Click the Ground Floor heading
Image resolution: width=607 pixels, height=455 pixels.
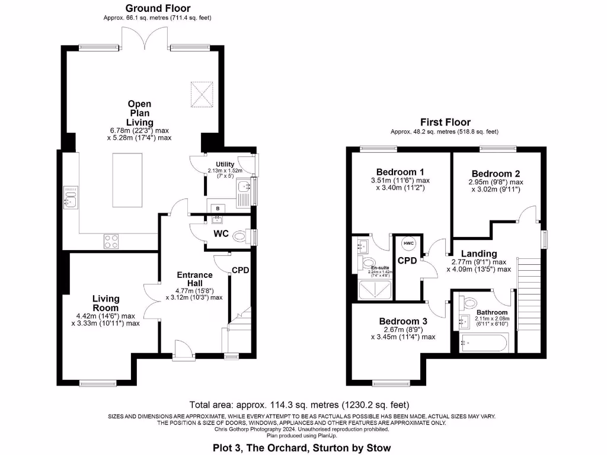click(158, 8)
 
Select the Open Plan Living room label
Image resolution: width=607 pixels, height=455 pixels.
click(139, 113)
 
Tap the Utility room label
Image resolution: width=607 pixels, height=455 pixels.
click(225, 165)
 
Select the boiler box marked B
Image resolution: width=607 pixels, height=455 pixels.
click(218, 209)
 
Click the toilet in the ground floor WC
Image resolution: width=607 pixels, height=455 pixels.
click(240, 237)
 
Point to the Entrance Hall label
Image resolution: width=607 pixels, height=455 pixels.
click(195, 279)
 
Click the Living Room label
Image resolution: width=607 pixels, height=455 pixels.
click(106, 303)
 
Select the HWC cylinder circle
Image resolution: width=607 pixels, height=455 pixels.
click(409, 243)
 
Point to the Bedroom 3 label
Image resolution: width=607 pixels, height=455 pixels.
click(403, 321)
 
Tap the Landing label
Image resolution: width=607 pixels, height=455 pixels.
click(479, 254)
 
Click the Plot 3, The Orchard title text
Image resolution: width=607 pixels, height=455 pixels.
click(302, 447)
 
